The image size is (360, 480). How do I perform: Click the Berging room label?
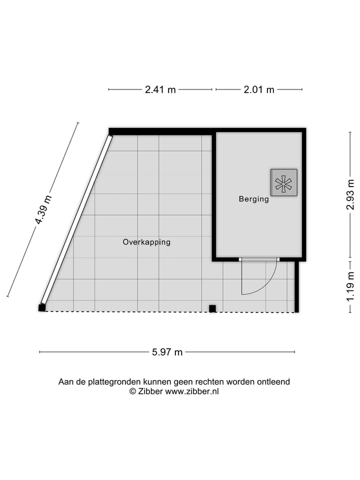pyautogui.click(x=253, y=199)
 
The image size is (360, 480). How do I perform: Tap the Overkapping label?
pyautogui.click(x=146, y=242)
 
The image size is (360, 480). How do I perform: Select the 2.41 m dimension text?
pyautogui.click(x=160, y=90)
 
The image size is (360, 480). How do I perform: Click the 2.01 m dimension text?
pyautogui.click(x=259, y=90)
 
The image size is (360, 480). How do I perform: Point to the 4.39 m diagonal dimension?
pyautogui.click(x=43, y=210)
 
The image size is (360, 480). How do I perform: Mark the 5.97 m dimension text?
pyautogui.click(x=167, y=352)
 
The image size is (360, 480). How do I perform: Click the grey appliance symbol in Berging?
pyautogui.click(x=283, y=182)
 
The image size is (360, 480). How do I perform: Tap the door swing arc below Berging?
pyautogui.click(x=265, y=285)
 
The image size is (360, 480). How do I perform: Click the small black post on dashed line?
pyautogui.click(x=212, y=308)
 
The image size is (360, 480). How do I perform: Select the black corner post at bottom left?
pyautogui.click(x=42, y=308)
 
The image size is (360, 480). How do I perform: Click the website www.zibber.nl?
pyautogui.click(x=192, y=391)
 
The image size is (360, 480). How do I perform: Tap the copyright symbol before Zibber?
pyautogui.click(x=133, y=391)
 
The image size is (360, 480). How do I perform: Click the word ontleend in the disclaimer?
pyautogui.click(x=273, y=382)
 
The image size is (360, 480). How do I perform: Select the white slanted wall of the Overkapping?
pyautogui.click(x=76, y=220)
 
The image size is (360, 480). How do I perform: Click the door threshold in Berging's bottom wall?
pyautogui.click(x=258, y=259)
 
